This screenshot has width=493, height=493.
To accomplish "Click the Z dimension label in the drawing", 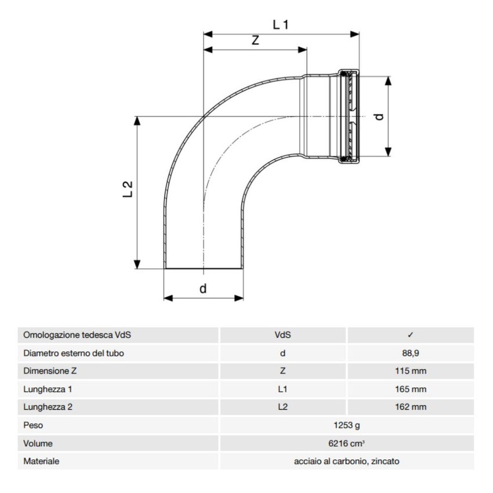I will [x=255, y=41].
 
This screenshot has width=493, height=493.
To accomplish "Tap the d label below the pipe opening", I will [x=203, y=288].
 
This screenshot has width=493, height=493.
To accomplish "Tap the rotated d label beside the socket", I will [x=379, y=116].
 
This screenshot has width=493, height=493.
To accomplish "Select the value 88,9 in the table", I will [x=410, y=353].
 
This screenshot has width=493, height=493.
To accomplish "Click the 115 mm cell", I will [x=410, y=371].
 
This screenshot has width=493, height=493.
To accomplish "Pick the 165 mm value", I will [x=410, y=389].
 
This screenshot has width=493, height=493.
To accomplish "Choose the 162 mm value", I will [x=410, y=407].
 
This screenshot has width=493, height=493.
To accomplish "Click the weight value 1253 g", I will [x=346, y=425].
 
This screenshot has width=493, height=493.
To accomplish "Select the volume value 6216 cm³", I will [x=346, y=443].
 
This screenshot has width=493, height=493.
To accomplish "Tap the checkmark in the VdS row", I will [x=410, y=335].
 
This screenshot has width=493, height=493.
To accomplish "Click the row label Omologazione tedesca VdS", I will [x=73, y=335].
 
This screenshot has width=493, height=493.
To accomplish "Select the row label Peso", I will [x=33, y=425].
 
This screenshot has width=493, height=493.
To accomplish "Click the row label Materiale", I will [x=41, y=461].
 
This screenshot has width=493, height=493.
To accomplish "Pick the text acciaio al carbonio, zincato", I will [x=346, y=461].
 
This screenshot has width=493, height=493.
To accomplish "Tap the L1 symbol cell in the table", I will [x=282, y=389].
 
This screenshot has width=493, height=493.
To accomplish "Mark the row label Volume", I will [x=38, y=443].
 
